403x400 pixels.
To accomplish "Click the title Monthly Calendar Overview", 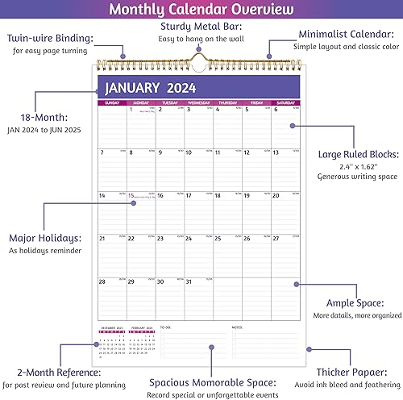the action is (201, 10).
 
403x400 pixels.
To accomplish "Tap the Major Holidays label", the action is (44, 239).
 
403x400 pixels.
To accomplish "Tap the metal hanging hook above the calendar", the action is (196, 56).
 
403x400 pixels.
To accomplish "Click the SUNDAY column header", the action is (111, 102).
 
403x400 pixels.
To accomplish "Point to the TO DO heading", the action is (166, 327).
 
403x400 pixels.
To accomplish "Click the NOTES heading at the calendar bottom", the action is (237, 327).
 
